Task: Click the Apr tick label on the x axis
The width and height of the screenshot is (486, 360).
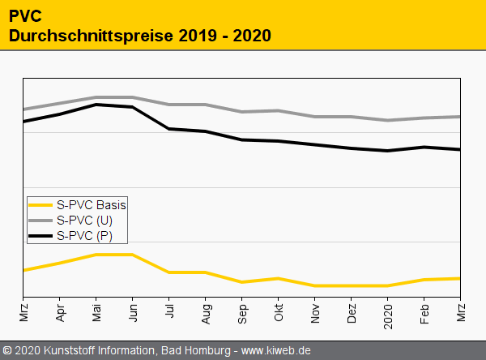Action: click(59, 312)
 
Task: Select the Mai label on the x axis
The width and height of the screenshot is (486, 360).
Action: click(96, 313)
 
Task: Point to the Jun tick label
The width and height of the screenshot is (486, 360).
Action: click(132, 312)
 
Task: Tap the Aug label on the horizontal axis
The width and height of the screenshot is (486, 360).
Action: click(205, 313)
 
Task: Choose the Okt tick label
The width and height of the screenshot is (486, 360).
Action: click(278, 312)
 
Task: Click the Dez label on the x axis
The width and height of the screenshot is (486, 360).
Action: click(351, 313)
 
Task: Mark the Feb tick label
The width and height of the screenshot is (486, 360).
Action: click(424, 313)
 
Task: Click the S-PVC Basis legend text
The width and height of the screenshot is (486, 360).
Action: click(92, 205)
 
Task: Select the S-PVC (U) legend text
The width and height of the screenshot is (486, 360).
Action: click(85, 221)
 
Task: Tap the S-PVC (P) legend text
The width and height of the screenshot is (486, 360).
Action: click(85, 236)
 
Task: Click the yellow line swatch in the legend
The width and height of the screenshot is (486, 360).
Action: click(40, 205)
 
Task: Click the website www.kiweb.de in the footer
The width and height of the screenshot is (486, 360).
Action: click(277, 350)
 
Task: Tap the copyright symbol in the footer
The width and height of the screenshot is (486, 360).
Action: click(8, 350)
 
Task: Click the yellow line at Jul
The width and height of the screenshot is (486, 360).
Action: click(168, 272)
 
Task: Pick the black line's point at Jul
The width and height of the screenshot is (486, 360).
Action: click(168, 129)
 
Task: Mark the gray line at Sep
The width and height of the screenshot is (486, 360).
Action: click(241, 112)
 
